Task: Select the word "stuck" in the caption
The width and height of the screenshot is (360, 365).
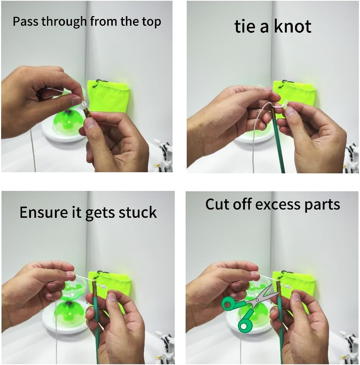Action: (138, 212)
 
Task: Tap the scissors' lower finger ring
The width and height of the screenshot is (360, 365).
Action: (245, 325)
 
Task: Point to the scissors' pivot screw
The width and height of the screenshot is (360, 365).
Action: (257, 300)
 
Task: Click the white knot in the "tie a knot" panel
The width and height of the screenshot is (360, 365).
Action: (286, 103)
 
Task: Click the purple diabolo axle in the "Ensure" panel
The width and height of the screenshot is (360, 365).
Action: (69, 303)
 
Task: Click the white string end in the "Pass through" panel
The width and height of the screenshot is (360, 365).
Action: (84, 102)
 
